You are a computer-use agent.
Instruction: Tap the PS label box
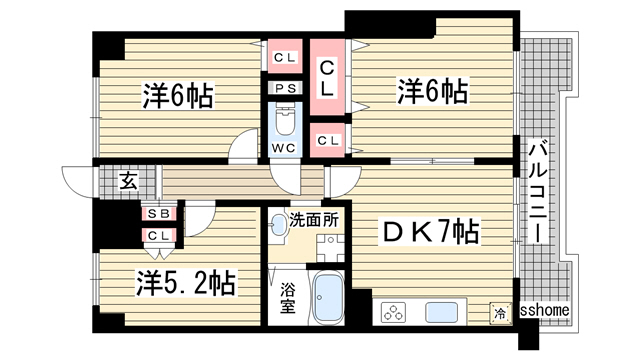285,88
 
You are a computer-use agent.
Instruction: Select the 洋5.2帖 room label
186,283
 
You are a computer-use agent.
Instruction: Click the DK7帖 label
431,234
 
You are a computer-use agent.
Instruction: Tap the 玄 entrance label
129,181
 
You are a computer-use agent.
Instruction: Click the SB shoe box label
157,214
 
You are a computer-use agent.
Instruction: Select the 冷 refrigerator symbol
499,312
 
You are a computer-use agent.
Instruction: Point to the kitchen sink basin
441,311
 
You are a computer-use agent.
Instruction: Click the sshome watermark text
544,311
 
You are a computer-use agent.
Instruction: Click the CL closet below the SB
157,235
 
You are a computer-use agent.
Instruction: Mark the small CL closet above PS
285,57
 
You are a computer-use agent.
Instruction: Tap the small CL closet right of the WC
327,140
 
